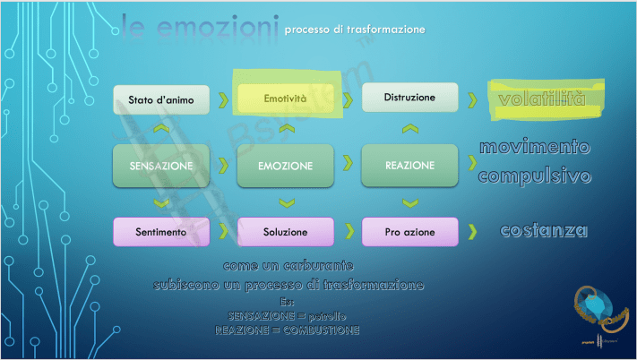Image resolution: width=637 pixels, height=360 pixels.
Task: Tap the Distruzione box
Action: coord(409,97)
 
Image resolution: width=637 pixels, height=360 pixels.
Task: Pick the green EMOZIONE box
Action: coord(285,166)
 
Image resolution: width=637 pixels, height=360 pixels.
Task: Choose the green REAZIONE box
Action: coord(409,165)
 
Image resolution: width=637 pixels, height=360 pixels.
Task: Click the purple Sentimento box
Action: coord(161,232)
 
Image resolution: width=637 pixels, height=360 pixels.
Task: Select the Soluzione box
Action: coord(285,232)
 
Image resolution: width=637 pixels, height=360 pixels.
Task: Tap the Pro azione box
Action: coord(409,232)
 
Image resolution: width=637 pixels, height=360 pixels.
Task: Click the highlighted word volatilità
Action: coord(542,99)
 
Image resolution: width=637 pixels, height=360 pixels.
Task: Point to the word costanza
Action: coord(544,231)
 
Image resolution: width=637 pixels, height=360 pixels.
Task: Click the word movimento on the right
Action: coord(534,147)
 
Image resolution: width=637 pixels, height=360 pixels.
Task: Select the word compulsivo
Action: coord(534,176)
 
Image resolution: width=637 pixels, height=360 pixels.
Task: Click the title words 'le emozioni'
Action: coord(194,30)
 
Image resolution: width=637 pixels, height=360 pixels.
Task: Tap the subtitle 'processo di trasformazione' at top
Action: coord(354,30)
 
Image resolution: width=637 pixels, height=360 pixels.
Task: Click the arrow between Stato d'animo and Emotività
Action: coord(223,99)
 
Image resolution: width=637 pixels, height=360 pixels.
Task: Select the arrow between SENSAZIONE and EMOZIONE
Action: coord(223,166)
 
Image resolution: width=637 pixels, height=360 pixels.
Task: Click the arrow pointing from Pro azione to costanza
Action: coord(471,233)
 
